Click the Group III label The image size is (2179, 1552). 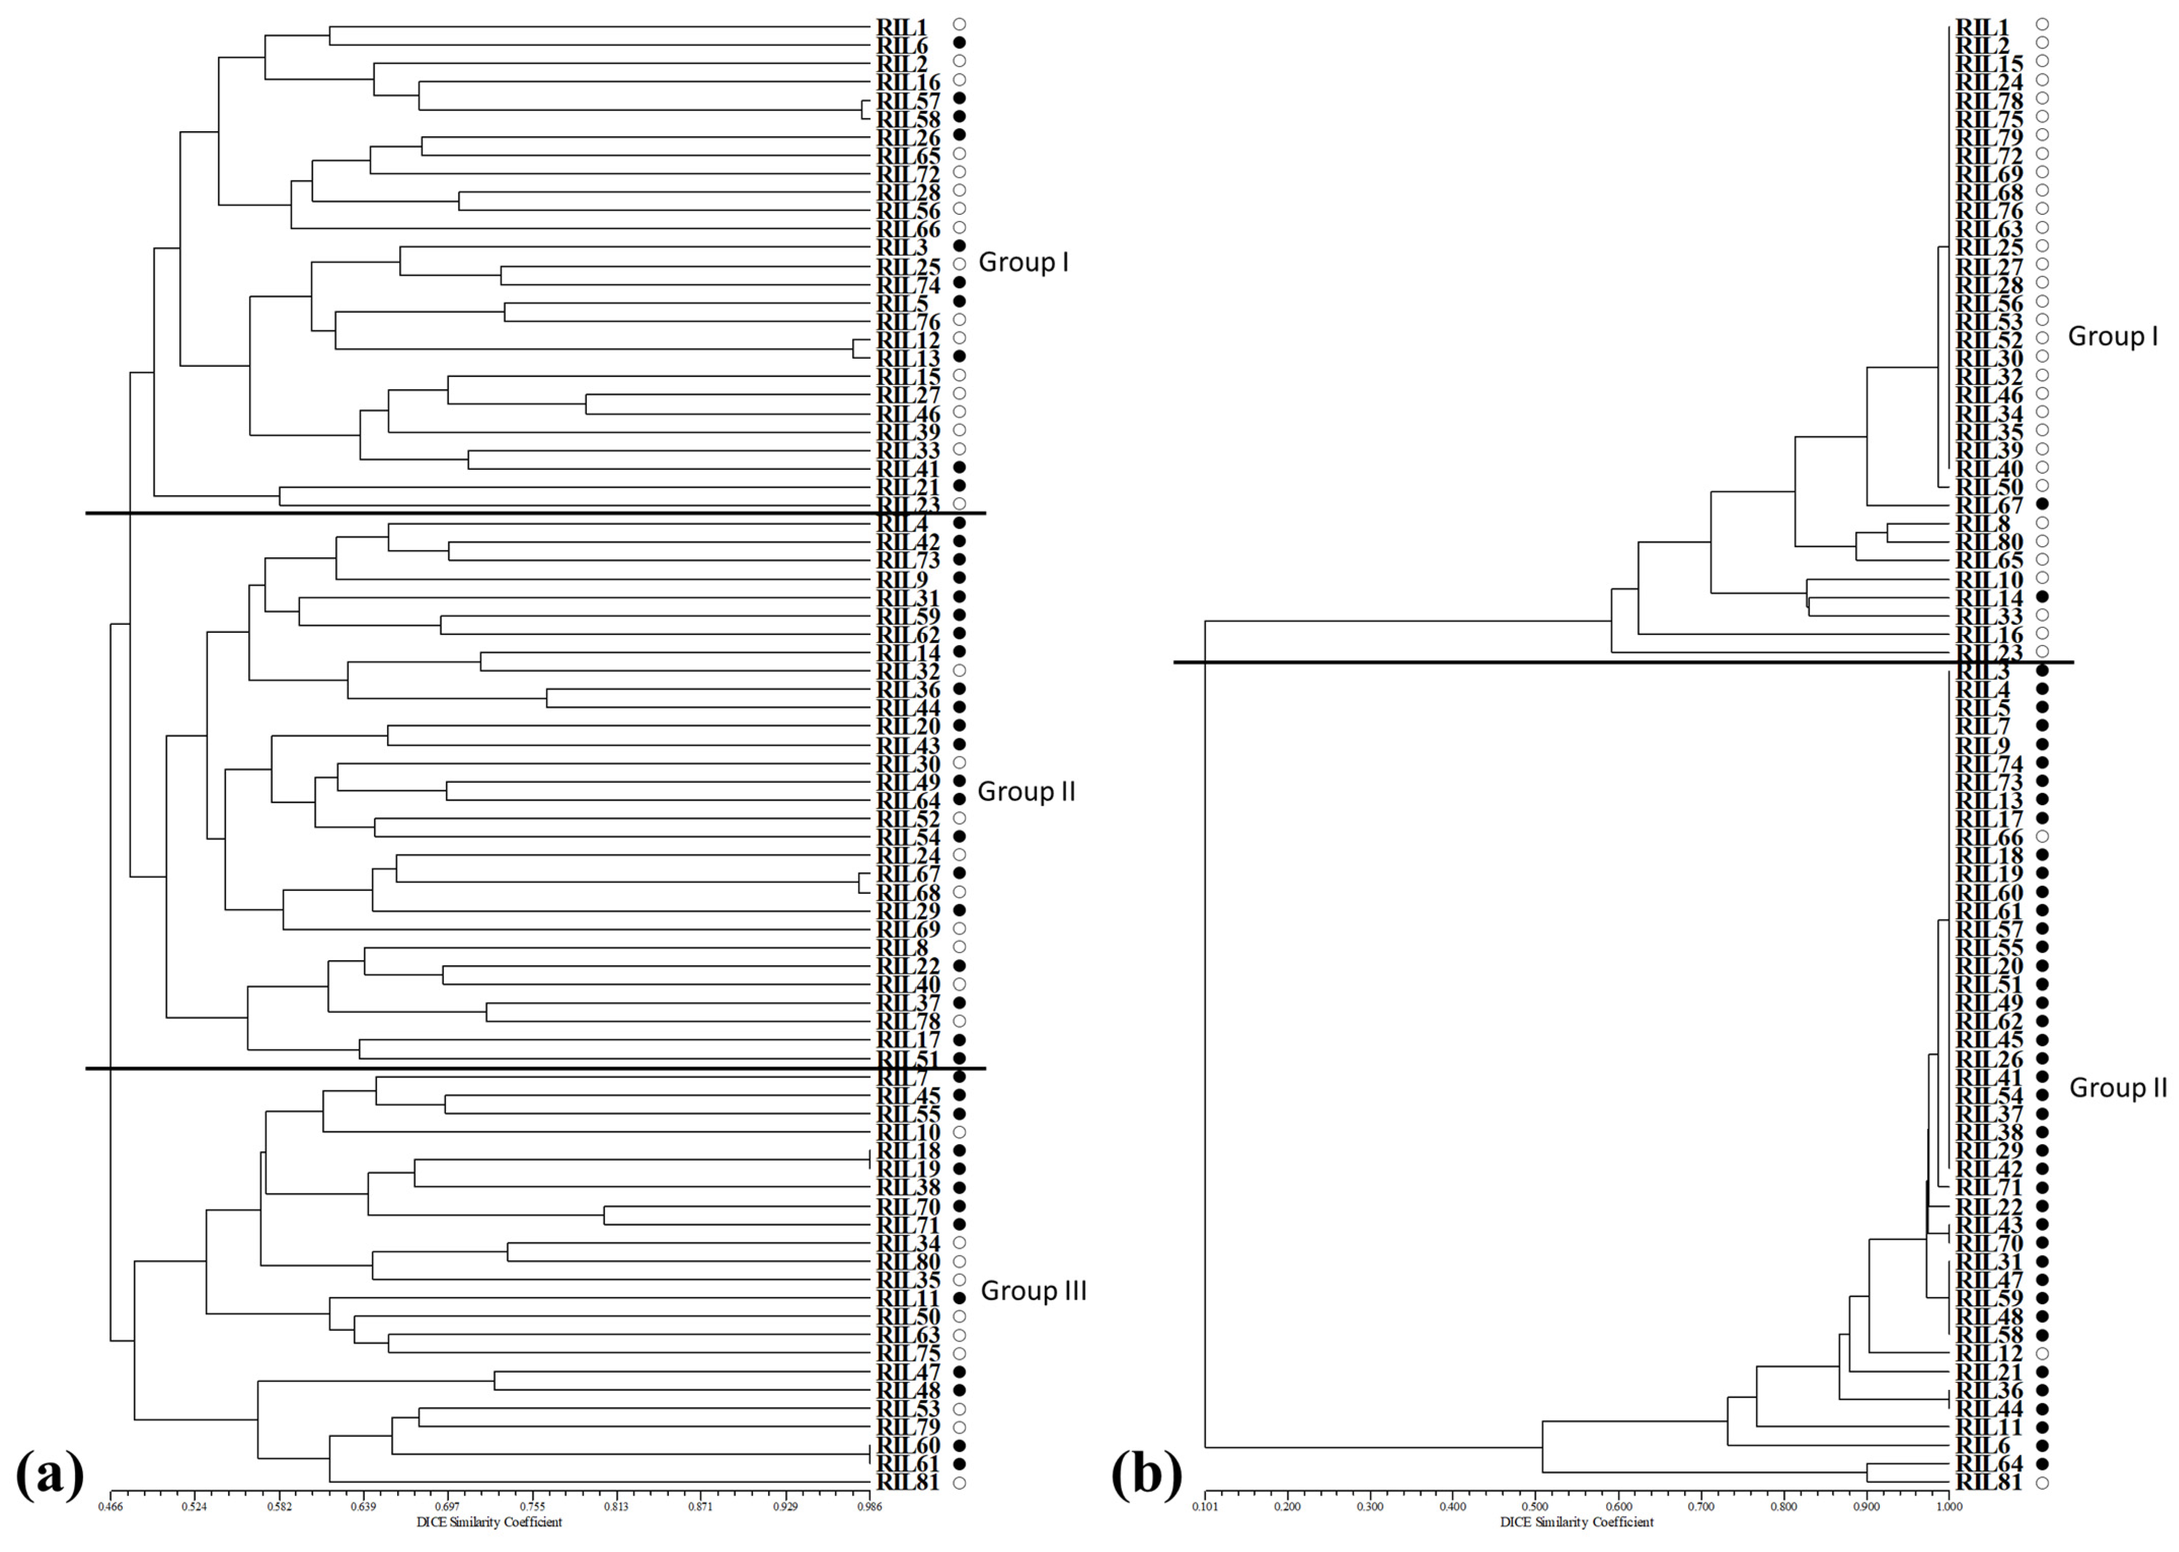point(1034,1291)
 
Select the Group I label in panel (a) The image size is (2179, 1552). point(1023,262)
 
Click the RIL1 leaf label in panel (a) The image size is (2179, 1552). point(902,26)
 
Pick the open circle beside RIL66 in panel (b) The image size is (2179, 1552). point(2042,837)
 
